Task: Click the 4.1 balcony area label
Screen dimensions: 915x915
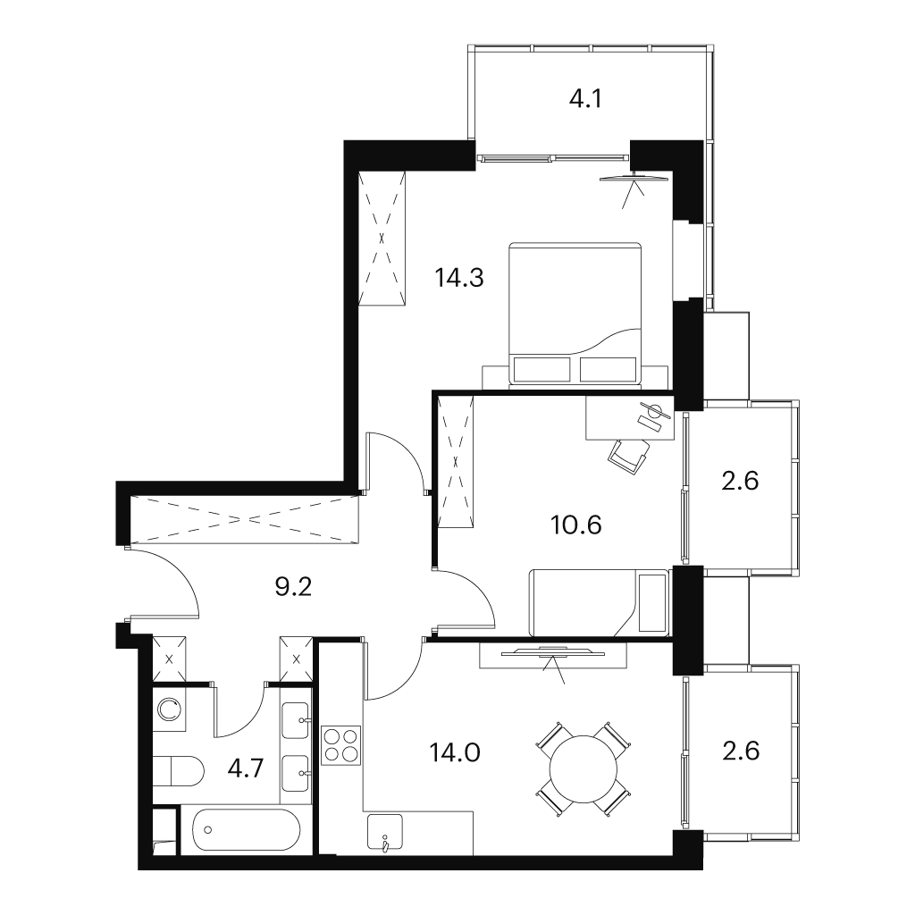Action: point(585,99)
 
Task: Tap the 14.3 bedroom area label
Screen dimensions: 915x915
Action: point(459,278)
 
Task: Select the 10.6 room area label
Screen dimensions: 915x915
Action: point(576,525)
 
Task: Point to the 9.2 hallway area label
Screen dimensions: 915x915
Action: point(293,587)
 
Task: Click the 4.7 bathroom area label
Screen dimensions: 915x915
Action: point(247,769)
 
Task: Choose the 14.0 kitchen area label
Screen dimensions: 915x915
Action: point(455,752)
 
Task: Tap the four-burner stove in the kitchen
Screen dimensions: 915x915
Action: point(340,745)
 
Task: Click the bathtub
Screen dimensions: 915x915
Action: point(247,830)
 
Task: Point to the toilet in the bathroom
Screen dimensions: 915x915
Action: point(178,771)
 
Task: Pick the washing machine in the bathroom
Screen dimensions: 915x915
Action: point(169,709)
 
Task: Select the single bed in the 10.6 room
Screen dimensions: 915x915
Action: point(598,603)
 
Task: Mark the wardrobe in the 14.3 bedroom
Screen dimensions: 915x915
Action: point(382,238)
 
